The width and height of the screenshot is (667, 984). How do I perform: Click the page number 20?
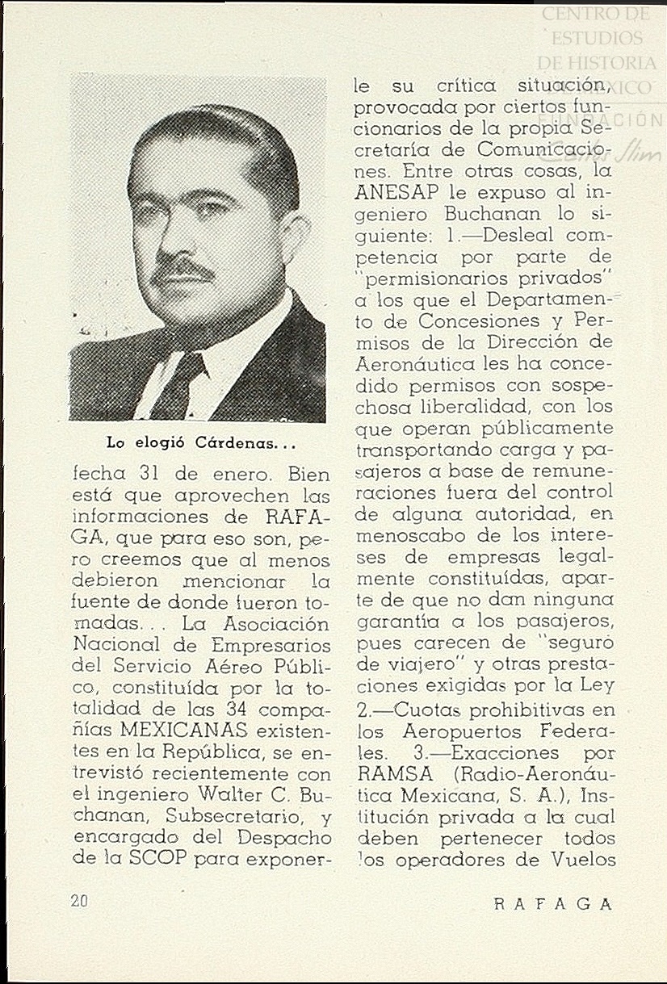[x=79, y=902]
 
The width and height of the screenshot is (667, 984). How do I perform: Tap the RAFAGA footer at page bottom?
[x=553, y=904]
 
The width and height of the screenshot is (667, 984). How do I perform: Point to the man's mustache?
[x=185, y=270]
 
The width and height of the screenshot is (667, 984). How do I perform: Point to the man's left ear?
[x=292, y=237]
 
